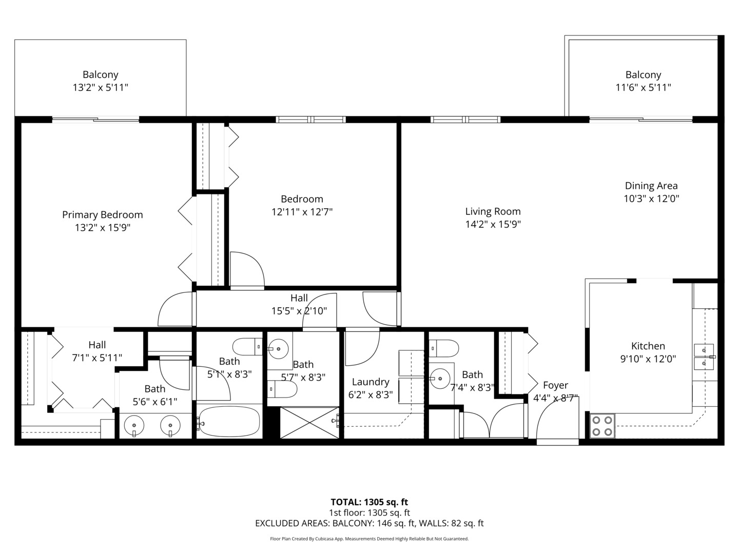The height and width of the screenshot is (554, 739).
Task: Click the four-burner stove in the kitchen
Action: [602, 426]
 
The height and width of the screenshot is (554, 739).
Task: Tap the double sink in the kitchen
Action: [704, 357]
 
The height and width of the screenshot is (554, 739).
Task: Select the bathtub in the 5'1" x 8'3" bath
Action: [229, 422]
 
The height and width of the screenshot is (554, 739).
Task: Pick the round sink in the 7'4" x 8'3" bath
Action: [440, 379]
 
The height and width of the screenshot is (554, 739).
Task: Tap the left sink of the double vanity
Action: [134, 426]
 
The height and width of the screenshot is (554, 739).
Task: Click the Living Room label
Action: [493, 211]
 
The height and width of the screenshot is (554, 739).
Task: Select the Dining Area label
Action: [651, 186]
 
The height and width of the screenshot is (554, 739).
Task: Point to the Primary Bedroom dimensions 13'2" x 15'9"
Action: [103, 228]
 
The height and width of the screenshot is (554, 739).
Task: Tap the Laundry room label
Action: [370, 382]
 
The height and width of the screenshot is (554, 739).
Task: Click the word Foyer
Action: [555, 385]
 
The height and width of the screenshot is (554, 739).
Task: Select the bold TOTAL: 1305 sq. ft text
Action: [369, 502]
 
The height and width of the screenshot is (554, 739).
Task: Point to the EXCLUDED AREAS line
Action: [369, 523]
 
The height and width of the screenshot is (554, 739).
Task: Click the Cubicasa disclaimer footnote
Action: [369, 539]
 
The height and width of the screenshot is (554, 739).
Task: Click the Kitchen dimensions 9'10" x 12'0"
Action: [648, 359]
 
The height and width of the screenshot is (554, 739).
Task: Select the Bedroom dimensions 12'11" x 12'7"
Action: [302, 212]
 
